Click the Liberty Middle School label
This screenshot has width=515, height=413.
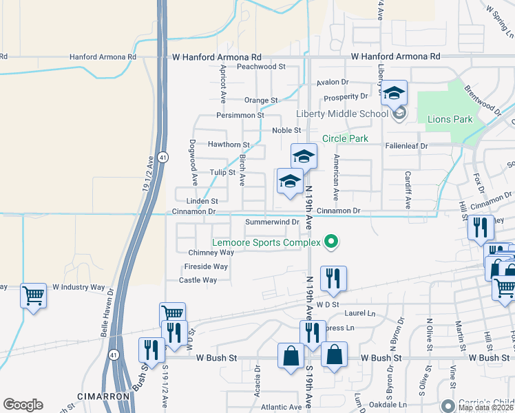coord(342,114)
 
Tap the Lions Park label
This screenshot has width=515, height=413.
coord(450,119)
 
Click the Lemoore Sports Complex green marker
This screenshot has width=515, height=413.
coord(331,242)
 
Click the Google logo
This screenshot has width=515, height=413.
coord(23,405)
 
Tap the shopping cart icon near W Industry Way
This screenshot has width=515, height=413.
coord(33,296)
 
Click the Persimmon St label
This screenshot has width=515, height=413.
coord(240,116)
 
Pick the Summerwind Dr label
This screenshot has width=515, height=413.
coord(273,222)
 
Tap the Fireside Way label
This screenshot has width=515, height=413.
coord(206,266)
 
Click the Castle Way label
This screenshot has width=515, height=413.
coord(198,280)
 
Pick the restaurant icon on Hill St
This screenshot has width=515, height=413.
coord(480,227)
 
